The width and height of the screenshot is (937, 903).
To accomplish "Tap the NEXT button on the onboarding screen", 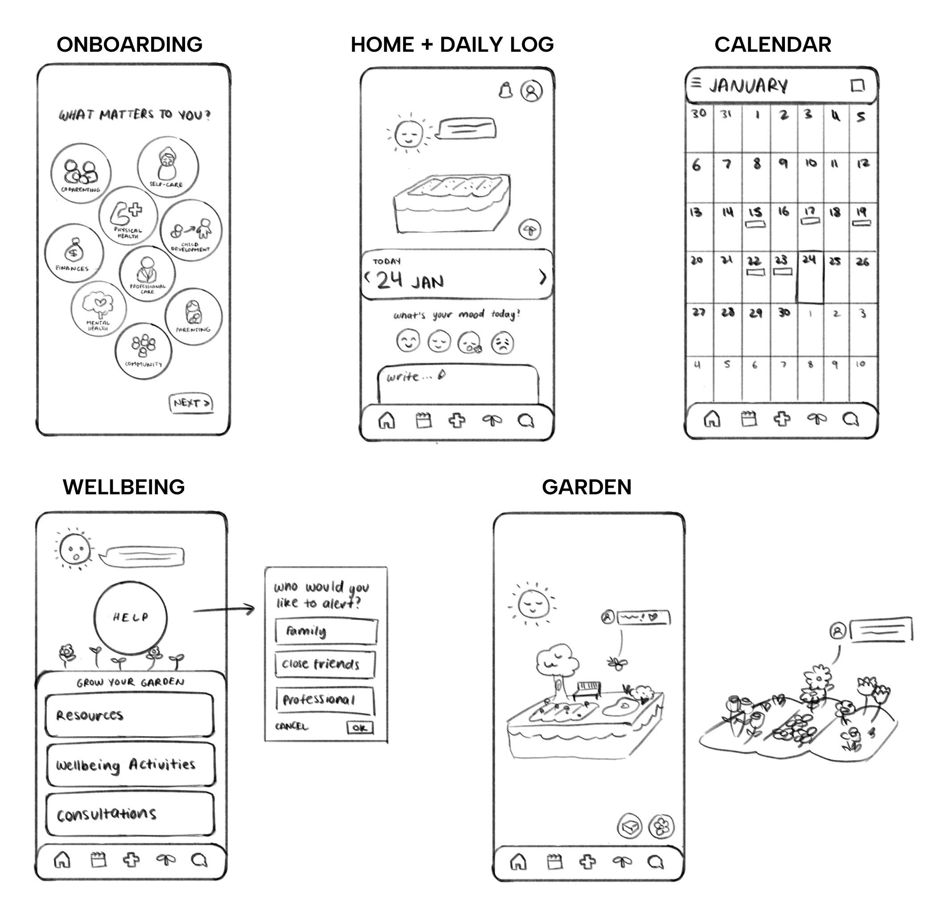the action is (191, 403).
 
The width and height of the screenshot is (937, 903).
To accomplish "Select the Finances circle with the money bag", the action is (74, 253).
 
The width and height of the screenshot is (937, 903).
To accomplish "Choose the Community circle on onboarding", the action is (144, 351).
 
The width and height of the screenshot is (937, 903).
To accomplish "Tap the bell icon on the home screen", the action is (505, 90).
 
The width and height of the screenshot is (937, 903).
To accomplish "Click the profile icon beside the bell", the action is (531, 91).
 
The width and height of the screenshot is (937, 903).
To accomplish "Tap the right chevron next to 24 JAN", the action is (543, 277).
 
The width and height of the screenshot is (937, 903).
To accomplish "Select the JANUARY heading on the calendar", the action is (748, 86).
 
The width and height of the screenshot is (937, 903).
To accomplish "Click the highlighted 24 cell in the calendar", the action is (810, 278).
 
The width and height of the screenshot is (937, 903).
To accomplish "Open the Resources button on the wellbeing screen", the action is (129, 715).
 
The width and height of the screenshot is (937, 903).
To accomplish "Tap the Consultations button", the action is (130, 814).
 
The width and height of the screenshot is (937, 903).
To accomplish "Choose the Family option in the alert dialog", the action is (326, 631).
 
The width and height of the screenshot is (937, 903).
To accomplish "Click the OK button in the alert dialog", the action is (359, 728).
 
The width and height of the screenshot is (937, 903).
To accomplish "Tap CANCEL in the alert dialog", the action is (292, 726).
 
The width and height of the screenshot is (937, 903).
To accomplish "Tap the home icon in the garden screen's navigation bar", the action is (519, 862).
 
